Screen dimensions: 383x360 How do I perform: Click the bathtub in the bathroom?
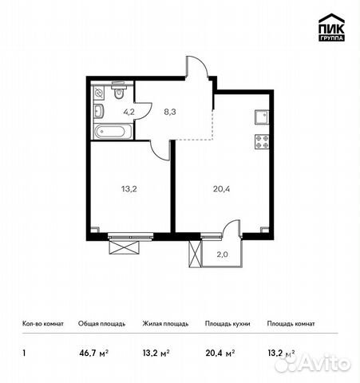[108, 132]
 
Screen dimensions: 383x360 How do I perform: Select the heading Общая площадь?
[100, 324]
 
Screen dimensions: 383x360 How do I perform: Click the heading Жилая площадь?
[166, 324]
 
